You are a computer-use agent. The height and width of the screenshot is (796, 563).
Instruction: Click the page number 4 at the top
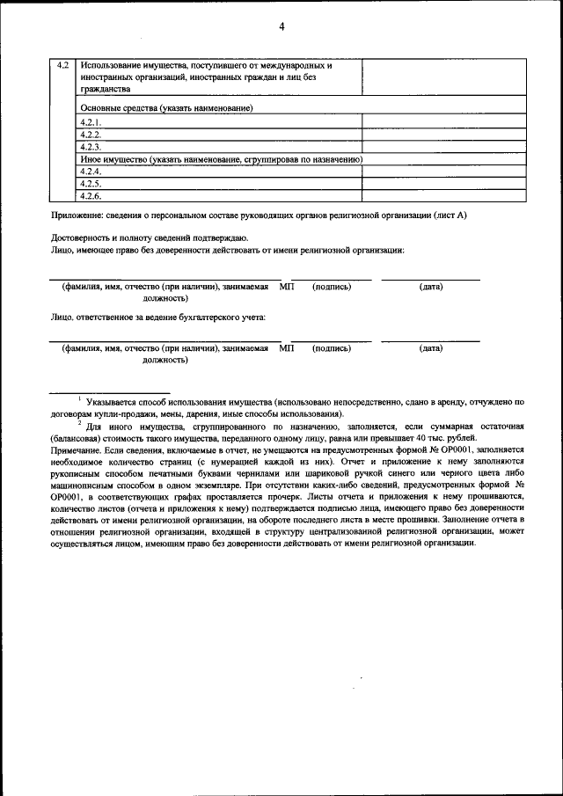coord(281,26)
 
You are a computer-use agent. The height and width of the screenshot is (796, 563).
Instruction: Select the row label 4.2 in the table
coord(62,66)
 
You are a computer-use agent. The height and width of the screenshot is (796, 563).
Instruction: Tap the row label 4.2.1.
coord(91,124)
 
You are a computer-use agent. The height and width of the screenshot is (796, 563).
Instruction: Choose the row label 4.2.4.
coord(91,172)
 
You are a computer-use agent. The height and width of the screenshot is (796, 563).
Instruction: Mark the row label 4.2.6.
coord(91,196)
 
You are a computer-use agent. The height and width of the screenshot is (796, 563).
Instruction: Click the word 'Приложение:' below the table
coord(77,215)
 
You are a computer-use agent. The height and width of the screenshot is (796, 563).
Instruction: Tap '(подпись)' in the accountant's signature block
coord(332,349)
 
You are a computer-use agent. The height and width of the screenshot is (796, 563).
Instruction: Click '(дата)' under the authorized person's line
coord(430,287)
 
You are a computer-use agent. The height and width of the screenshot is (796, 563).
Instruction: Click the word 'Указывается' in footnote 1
coord(112,401)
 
